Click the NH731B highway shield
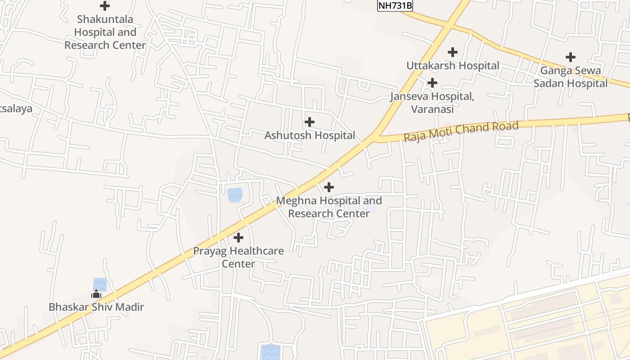pyautogui.click(x=395, y=6)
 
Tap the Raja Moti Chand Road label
pyautogui.click(x=461, y=131)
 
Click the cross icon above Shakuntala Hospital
pyautogui.click(x=105, y=6)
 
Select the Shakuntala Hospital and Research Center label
pyautogui.click(x=105, y=32)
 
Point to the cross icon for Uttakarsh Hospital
pyautogui.click(x=453, y=52)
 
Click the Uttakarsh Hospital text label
pyautogui.click(x=453, y=66)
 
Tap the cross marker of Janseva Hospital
pyautogui.click(x=432, y=83)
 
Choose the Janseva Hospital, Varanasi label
pyautogui.click(x=432, y=103)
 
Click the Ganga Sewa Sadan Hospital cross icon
pyautogui.click(x=571, y=57)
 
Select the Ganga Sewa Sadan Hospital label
pyautogui.click(x=571, y=77)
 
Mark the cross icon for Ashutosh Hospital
pyautogui.click(x=310, y=122)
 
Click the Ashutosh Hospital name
pyautogui.click(x=310, y=135)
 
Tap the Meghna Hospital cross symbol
pyautogui.click(x=329, y=187)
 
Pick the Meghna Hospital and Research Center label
pyautogui.click(x=329, y=207)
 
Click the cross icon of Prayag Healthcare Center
pyautogui.click(x=238, y=238)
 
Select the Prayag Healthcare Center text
pyautogui.click(x=238, y=257)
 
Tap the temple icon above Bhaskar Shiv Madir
pyautogui.click(x=96, y=294)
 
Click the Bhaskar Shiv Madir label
pyautogui.click(x=96, y=307)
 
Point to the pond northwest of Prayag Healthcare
pyautogui.click(x=235, y=195)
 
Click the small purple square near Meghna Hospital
pyautogui.click(x=372, y=209)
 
